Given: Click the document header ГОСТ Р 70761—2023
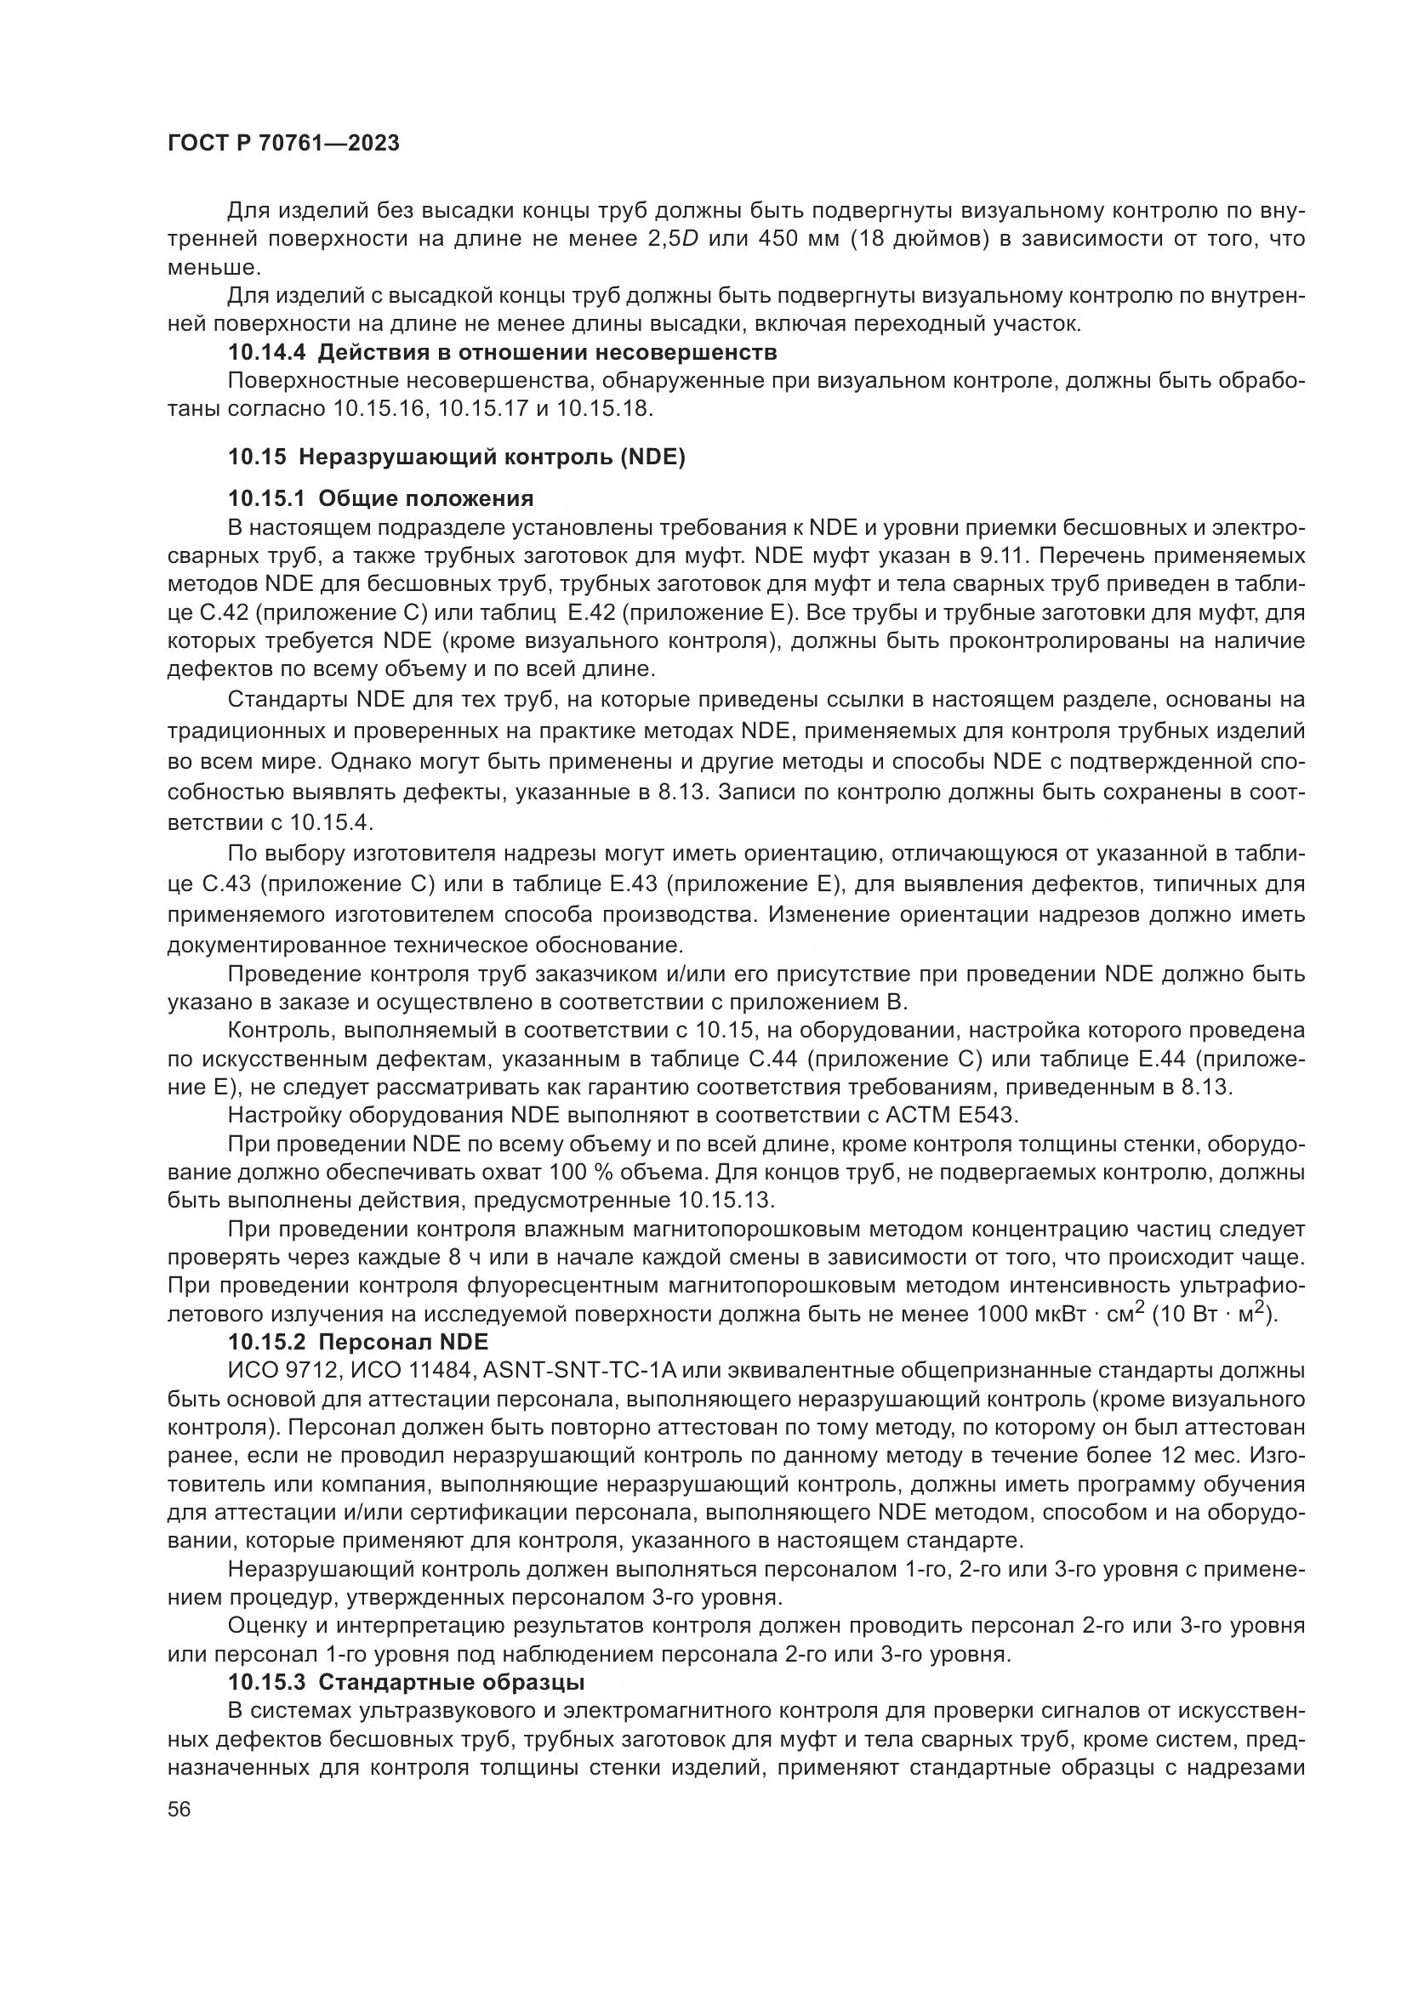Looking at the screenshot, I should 282,144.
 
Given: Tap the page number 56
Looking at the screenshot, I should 179,1809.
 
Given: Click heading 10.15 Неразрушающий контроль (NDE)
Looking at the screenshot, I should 457,457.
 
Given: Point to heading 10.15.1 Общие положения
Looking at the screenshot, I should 380,498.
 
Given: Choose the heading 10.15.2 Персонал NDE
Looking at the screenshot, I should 358,1342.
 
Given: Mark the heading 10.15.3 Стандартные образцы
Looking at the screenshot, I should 407,1682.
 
